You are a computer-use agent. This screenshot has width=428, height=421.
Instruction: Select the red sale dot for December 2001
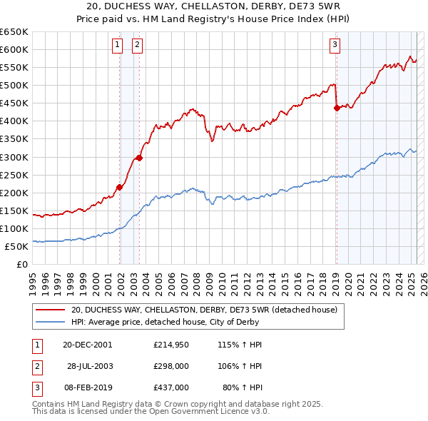point(120,187)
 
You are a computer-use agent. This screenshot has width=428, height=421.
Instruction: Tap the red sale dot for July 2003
point(140,158)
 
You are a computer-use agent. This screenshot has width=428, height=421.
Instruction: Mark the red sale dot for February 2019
point(337,108)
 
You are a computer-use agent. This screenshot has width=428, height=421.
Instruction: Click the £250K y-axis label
point(14,175)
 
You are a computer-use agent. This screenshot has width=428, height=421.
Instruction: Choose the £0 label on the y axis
point(21,264)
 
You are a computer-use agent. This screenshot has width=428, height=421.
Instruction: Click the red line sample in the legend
point(51,310)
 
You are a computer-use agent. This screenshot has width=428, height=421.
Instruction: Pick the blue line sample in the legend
point(51,322)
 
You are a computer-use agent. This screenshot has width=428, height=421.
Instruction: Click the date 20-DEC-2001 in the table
point(87,344)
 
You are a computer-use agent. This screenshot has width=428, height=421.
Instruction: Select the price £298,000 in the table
point(170,366)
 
